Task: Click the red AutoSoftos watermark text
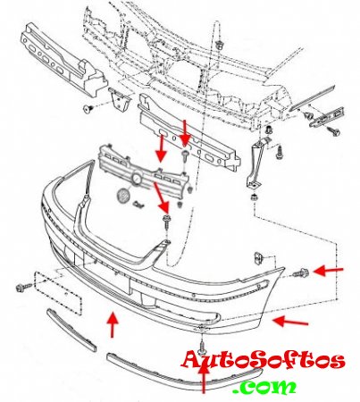(264, 361)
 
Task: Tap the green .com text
(265, 387)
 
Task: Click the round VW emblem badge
(123, 197)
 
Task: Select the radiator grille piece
(144, 172)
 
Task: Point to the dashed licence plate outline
(58, 293)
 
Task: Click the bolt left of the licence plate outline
(23, 288)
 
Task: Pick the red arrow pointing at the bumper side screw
(329, 271)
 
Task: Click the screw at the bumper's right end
(300, 272)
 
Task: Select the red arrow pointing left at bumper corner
(290, 322)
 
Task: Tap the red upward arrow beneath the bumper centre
(113, 324)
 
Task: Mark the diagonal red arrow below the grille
(161, 197)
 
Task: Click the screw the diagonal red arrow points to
(166, 221)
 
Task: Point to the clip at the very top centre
(220, 45)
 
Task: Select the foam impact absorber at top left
(63, 61)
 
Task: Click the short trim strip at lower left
(71, 331)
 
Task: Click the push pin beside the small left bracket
(88, 108)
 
